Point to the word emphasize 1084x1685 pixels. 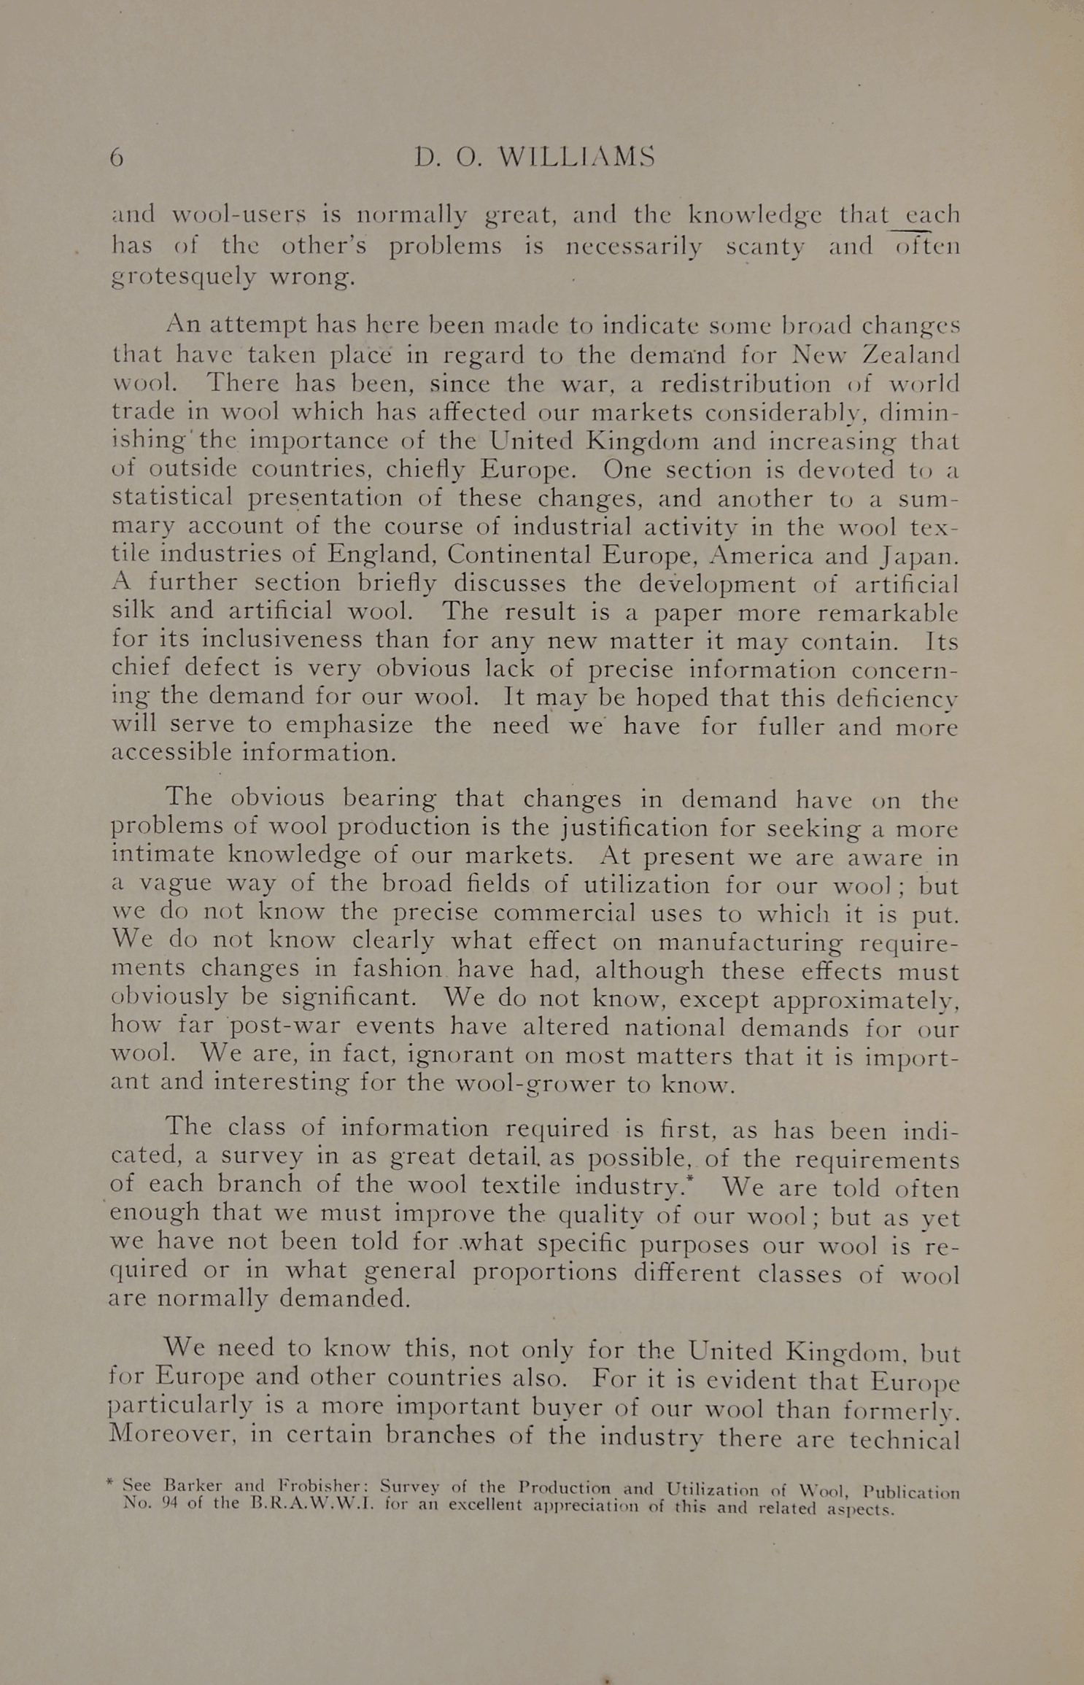349,726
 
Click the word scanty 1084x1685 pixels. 765,247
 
